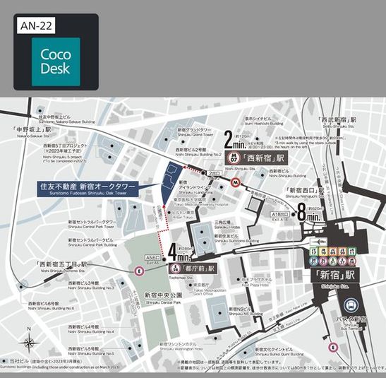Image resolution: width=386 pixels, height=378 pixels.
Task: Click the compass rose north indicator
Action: coord(28,342)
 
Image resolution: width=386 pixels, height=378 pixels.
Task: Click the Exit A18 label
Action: coord(279,213)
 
